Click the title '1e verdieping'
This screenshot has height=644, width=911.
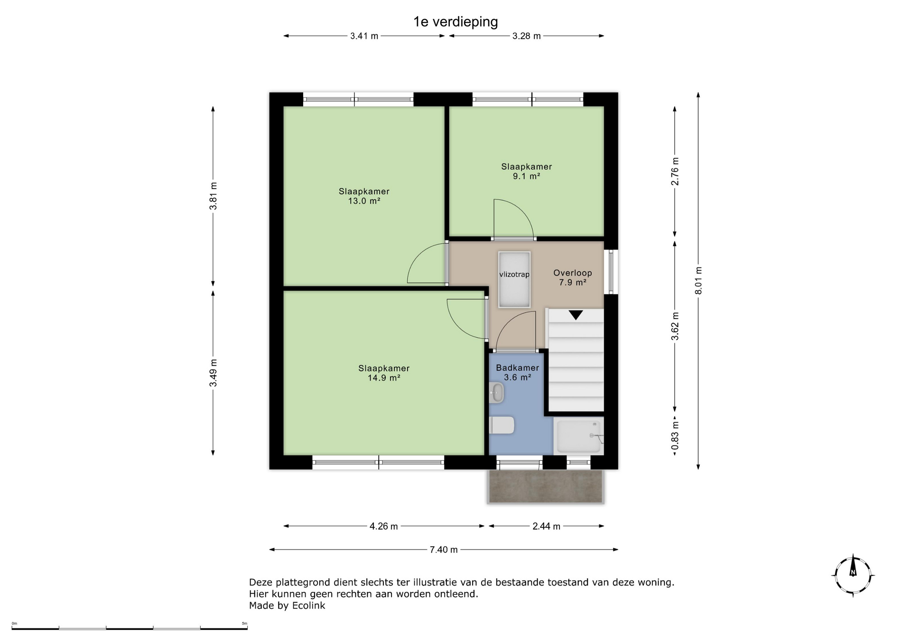tap(455, 22)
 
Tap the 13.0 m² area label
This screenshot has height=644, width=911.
tap(364, 201)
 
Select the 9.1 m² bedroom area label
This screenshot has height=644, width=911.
tap(527, 176)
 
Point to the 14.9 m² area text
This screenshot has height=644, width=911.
tap(384, 378)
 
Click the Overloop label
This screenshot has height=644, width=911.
tap(573, 273)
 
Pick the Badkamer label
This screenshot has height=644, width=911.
tap(517, 368)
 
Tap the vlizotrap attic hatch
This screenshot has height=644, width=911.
tap(514, 279)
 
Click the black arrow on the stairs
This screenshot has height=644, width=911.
tap(576, 315)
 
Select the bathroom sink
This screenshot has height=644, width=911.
tap(496, 393)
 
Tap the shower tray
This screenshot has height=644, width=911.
tap(578, 436)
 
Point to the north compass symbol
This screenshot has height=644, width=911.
tap(853, 575)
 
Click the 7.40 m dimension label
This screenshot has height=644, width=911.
tap(444, 550)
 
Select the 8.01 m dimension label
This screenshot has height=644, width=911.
tap(698, 280)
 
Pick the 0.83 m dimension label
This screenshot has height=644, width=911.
tap(675, 435)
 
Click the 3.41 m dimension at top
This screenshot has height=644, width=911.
tap(364, 36)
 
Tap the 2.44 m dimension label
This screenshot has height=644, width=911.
tap(547, 526)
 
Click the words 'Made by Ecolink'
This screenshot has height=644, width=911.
tap(287, 606)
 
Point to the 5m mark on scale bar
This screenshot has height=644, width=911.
tap(244, 623)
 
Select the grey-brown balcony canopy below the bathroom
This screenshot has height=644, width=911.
tap(546, 486)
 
